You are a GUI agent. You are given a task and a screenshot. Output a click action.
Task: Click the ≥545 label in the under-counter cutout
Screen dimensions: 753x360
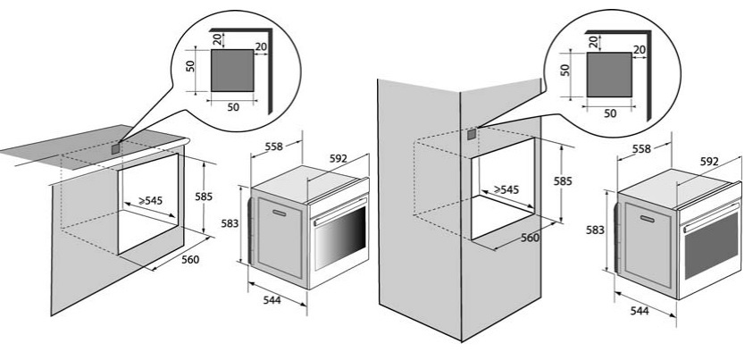pos(150,201)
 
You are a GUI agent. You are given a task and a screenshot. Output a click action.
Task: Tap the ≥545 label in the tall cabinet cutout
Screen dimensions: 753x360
pos(506,189)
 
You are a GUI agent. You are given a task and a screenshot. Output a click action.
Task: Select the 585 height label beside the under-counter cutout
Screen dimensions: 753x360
pos(204,197)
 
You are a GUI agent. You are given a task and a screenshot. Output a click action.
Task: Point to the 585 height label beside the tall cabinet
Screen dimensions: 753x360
pos(563,181)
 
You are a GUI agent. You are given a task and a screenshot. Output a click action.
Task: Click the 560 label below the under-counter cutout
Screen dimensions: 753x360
pos(190,260)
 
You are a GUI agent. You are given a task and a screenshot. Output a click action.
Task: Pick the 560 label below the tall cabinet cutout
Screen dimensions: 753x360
pos(531,238)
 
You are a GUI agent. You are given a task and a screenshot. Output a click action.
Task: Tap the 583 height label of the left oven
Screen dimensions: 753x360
pos(230,223)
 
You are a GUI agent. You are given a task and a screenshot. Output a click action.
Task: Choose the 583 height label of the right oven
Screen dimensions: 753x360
pos(595,230)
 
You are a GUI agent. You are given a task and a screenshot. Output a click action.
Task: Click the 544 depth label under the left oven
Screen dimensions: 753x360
pos(272,300)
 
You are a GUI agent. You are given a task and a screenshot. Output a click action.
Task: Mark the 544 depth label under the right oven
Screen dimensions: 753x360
pos(640,311)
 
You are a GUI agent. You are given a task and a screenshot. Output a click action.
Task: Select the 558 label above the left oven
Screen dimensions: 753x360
pos(274,147)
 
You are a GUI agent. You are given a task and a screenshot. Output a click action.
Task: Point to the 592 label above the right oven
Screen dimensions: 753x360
pos(709,162)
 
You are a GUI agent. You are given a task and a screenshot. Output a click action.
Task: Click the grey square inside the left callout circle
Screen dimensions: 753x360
pos(232,70)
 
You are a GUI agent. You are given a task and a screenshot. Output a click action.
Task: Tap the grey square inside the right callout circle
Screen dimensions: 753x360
pos(609,75)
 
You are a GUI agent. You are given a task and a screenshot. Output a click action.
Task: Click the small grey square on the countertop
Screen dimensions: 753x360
pos(116,149)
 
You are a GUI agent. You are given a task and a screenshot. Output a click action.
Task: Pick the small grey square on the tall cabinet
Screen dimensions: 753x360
pos(473,134)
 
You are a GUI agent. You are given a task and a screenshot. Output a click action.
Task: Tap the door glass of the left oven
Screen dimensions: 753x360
pos(340,238)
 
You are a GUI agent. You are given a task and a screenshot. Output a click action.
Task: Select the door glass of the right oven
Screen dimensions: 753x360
pos(711,246)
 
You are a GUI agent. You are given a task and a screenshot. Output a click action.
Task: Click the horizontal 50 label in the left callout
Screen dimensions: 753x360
pos(233,107)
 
